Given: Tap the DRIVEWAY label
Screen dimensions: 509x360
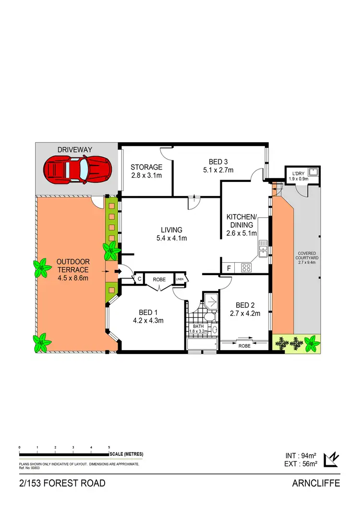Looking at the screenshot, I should pyautogui.click(x=75, y=150).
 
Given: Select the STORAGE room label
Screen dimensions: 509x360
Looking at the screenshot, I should pyautogui.click(x=146, y=167).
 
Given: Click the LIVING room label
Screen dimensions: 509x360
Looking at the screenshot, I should pyautogui.click(x=171, y=230).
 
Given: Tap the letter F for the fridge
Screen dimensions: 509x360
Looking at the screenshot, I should pyautogui.click(x=228, y=267).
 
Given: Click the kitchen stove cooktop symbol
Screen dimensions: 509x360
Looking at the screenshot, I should pyautogui.click(x=246, y=267).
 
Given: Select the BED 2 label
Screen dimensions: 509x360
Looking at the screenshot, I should pyautogui.click(x=245, y=305).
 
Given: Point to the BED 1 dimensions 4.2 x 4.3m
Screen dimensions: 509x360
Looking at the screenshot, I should pyautogui.click(x=148, y=321).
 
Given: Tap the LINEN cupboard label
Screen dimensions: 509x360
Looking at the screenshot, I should pyautogui.click(x=180, y=279).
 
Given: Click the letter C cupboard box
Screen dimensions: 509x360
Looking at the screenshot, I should pyautogui.click(x=139, y=279).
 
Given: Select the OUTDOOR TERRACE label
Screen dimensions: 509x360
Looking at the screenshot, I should pyautogui.click(x=73, y=266).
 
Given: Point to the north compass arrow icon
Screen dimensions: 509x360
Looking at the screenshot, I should pyautogui.click(x=331, y=460).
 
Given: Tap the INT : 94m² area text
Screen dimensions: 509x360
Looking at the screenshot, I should pyautogui.click(x=301, y=455).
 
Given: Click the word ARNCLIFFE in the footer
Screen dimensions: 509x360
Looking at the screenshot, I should pyautogui.click(x=316, y=483).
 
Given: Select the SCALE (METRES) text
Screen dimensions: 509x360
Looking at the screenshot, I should pyautogui.click(x=126, y=454).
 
